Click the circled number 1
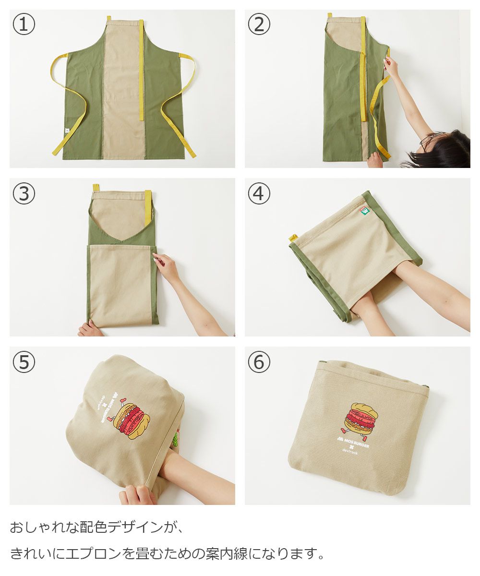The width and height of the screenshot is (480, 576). click(x=24, y=24)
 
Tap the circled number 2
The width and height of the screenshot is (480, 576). click(x=259, y=24)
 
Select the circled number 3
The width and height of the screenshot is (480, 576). click(x=24, y=193)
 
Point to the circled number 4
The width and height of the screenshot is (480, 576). click(x=259, y=193)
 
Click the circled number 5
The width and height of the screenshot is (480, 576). click(x=24, y=361)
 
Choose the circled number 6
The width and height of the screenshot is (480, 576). click(x=259, y=361)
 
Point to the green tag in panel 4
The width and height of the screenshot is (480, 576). click(x=364, y=211)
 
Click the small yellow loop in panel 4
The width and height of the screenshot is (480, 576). click(x=293, y=238)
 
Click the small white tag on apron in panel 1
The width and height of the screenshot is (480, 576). click(x=67, y=130)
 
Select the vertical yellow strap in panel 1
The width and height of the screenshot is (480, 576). click(x=141, y=70)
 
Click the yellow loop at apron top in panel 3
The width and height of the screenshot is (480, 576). click(x=96, y=188)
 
